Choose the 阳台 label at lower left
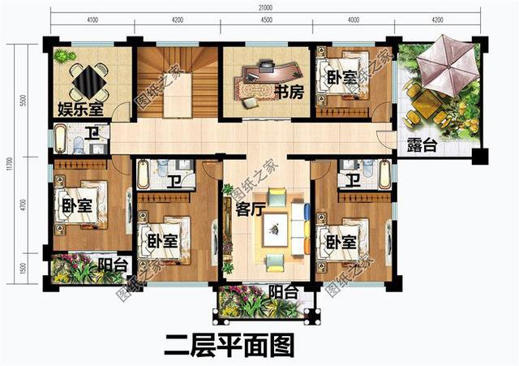111,264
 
